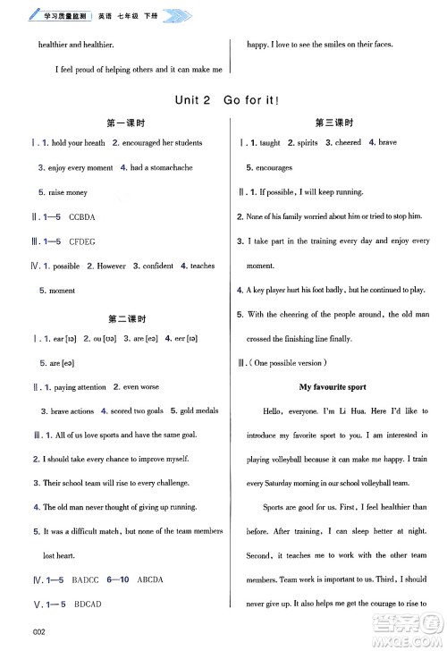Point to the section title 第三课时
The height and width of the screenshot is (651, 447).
[334, 123]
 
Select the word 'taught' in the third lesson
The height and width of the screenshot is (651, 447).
[269, 143]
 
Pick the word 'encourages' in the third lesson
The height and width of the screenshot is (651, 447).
[274, 167]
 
